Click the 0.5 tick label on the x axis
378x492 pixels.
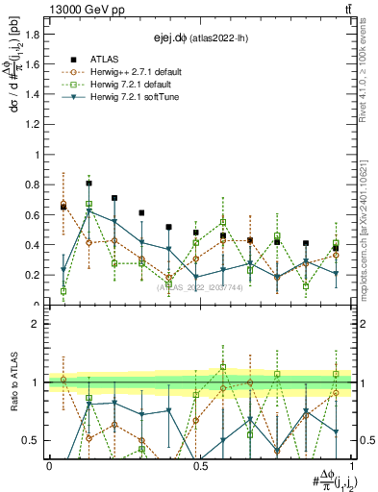[x=200, y=465]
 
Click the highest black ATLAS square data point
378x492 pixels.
[x=88, y=183]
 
